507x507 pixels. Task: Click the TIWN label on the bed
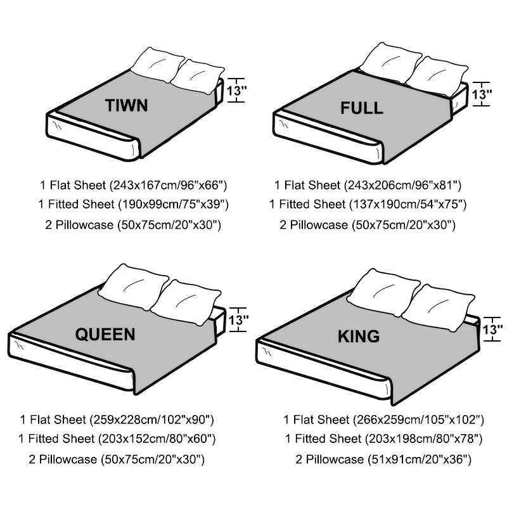127,105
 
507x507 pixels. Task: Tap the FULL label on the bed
361,108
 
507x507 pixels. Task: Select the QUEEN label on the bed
105,334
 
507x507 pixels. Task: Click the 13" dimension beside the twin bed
236,89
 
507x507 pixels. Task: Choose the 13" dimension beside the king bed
492,329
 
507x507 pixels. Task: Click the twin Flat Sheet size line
133,185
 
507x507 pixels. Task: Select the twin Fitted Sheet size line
133,205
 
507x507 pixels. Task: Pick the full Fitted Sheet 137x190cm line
368,205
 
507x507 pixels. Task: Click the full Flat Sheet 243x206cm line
368,185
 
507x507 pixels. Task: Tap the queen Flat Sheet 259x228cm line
117,420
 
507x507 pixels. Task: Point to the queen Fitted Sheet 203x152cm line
117,439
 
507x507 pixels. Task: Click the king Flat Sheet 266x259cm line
383,420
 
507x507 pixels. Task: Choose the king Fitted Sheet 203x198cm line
383,439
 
